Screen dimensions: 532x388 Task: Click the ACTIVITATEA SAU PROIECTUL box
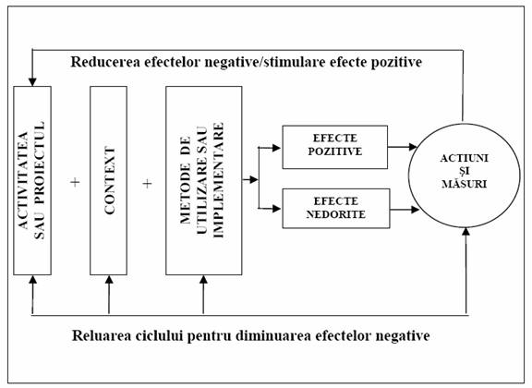pyautogui.click(x=32, y=180)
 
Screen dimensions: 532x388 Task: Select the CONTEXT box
pyautogui.click(x=109, y=180)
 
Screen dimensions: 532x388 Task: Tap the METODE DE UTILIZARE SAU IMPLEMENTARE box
pyautogui.click(x=204, y=180)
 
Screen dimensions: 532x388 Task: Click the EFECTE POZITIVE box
pyautogui.click(x=335, y=147)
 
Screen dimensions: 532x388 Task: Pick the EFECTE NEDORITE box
pyautogui.click(x=336, y=209)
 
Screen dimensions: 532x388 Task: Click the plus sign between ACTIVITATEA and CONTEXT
pyautogui.click(x=75, y=182)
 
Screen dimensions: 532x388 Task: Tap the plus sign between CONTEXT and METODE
pyautogui.click(x=147, y=184)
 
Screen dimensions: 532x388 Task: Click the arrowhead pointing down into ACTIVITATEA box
pyautogui.click(x=32, y=82)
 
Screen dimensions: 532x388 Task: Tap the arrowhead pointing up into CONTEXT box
pyautogui.click(x=109, y=279)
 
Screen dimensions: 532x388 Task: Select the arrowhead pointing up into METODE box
pyautogui.click(x=203, y=279)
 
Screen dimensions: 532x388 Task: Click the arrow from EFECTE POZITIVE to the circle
pyautogui.click(x=403, y=147)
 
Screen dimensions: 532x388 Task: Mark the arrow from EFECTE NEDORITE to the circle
pyautogui.click(x=405, y=210)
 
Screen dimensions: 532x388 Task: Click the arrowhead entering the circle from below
pyautogui.click(x=466, y=232)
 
